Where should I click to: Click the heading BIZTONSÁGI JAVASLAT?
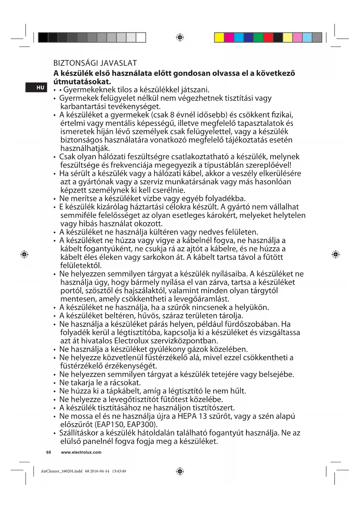95,63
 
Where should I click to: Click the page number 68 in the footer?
49,452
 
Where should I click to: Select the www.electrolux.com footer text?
81,452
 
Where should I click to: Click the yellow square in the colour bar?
219,38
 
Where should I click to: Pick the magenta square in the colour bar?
229,38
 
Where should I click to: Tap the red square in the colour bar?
268,38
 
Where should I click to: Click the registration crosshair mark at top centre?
180,37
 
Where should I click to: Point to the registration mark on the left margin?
24,255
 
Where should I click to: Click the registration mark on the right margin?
336,255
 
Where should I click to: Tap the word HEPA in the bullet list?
187,416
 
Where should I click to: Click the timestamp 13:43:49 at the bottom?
119,471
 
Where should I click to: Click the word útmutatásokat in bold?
82,82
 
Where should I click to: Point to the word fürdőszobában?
253,324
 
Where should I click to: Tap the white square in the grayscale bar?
141,38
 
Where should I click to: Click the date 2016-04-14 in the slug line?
100,471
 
